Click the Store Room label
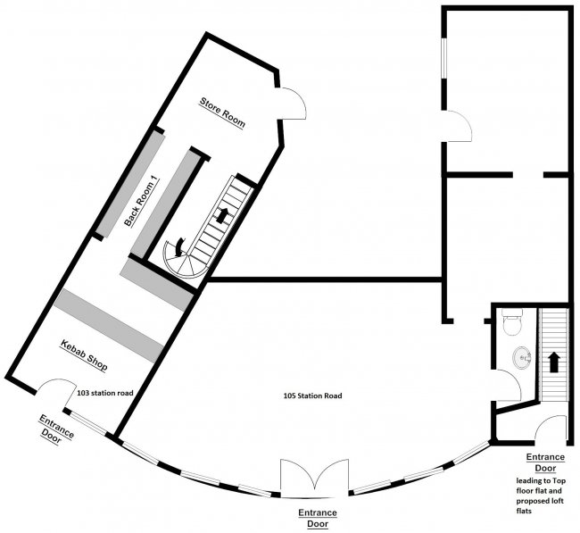223,112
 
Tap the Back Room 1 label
141,201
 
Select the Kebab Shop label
84,355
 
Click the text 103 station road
105,393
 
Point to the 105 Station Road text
312,396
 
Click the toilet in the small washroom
512,321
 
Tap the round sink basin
522,358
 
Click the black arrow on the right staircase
553,362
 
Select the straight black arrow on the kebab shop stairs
221,215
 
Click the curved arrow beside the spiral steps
179,246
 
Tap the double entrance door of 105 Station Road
314,478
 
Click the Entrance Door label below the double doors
318,518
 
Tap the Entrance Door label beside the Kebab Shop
56,429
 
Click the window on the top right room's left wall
443,58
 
